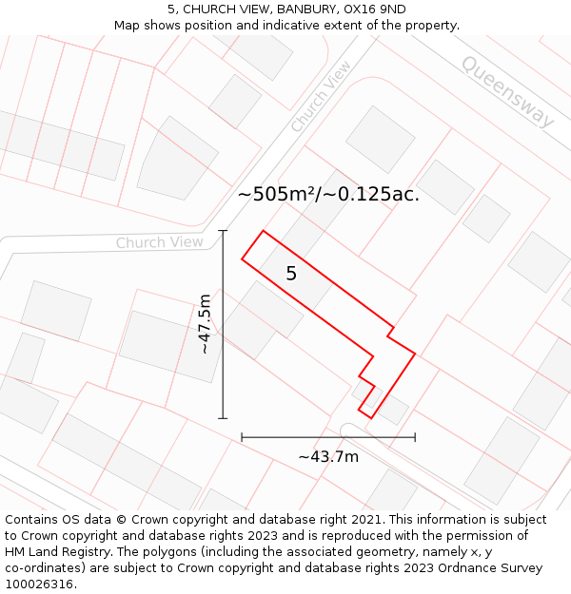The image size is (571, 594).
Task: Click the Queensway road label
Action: (507, 90)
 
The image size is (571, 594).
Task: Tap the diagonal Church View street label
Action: (321, 97)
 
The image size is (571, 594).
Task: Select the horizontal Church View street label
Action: (159, 242)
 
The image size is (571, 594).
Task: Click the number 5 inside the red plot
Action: (291, 274)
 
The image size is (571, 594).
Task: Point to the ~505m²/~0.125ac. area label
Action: (328, 194)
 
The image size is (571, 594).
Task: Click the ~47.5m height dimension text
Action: (204, 324)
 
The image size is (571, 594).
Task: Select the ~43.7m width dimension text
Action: (328, 456)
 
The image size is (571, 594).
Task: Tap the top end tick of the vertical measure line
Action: (224, 230)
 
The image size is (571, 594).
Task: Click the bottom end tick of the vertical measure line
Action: (224, 418)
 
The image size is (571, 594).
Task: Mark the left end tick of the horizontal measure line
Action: (242, 437)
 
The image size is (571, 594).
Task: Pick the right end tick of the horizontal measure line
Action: (415, 437)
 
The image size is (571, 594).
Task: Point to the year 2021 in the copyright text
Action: (366, 520)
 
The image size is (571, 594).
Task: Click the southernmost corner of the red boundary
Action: (371, 418)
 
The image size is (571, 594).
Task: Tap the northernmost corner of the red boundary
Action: (263, 230)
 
